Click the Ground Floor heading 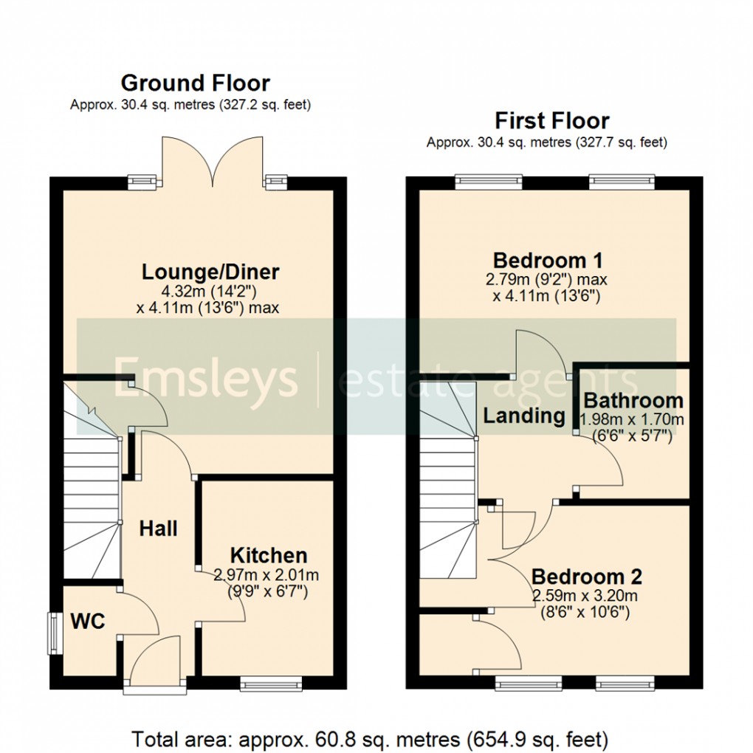tap(195, 83)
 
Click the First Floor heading tap(551, 120)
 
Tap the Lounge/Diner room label tap(210, 272)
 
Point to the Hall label tap(159, 529)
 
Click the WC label tap(88, 621)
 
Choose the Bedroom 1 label tap(548, 261)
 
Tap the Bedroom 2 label tap(586, 576)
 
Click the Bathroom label tap(633, 401)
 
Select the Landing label tap(523, 416)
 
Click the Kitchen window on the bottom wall tap(270, 686)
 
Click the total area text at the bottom tap(370, 738)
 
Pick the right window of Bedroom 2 tap(624, 686)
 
